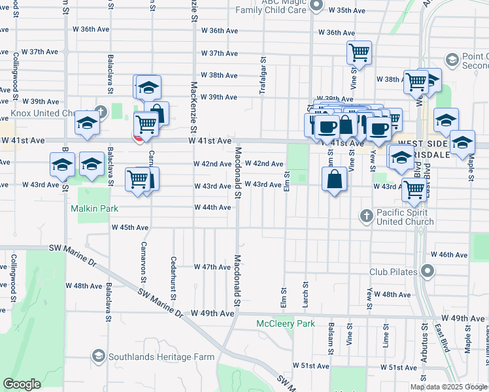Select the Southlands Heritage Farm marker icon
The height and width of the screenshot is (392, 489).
point(98,356)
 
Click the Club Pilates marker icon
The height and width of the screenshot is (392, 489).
point(428,270)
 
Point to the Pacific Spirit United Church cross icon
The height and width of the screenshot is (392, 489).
point(367,215)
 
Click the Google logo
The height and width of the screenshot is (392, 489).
point(22,384)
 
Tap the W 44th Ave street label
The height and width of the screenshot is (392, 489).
point(212,207)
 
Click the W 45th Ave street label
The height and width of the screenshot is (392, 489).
point(130,227)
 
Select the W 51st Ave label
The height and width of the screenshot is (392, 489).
point(311,366)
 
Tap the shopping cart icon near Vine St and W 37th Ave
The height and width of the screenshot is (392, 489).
point(359,52)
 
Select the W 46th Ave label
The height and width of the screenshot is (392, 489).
point(447,255)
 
